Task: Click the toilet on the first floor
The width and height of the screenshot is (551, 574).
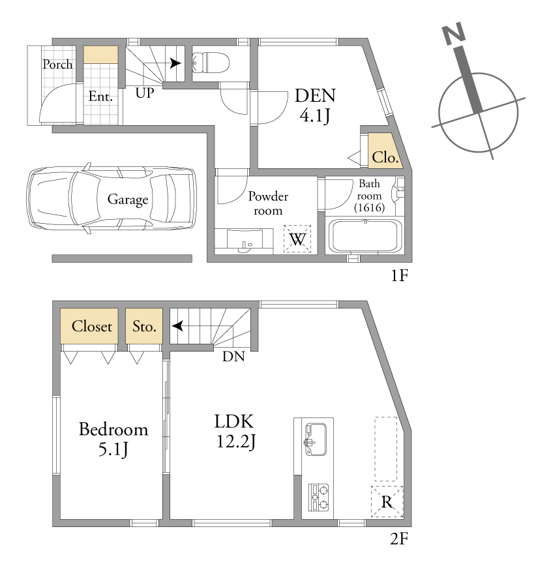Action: coord(211,63)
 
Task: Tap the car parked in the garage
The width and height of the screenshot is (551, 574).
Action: coord(112,198)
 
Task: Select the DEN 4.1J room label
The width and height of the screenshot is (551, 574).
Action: coord(315,106)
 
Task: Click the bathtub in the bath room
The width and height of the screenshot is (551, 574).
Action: coord(366,236)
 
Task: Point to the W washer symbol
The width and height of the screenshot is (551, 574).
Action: coord(297,239)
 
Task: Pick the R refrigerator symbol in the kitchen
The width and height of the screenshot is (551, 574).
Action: coord(387,502)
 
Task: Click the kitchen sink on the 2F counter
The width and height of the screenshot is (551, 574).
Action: coord(316,439)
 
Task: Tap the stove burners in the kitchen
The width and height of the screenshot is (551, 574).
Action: coord(318,497)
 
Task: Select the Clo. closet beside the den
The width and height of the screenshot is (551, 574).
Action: coord(385,151)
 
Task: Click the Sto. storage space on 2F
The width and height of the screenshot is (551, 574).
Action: coord(144,325)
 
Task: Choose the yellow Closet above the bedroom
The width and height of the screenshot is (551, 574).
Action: coord(89,325)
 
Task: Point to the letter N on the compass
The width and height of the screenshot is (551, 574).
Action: coord(454,33)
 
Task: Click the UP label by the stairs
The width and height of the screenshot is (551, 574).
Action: coord(145,93)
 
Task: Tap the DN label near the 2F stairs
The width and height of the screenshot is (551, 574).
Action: coord(233,356)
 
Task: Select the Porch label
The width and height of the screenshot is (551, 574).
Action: coord(57,64)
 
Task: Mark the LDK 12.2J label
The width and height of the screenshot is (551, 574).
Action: coord(234,432)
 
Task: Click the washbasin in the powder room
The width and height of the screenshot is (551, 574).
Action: coord(245,241)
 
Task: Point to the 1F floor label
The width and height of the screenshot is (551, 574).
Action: coord(399,275)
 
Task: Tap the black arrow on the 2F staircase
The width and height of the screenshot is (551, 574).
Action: coord(178,325)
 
